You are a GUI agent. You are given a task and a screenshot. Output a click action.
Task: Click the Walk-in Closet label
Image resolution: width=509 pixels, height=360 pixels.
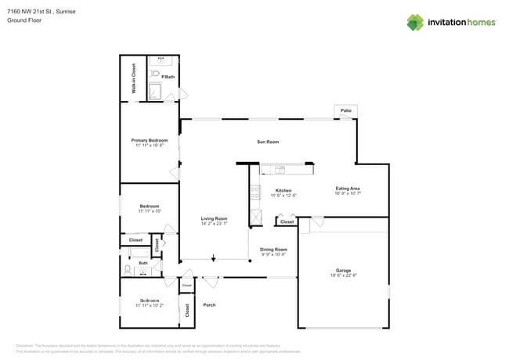(133, 78)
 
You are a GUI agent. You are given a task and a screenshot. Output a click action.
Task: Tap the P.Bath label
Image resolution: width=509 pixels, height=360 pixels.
(168, 77)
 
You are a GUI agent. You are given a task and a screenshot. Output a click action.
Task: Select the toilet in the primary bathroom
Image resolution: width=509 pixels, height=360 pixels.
(154, 74)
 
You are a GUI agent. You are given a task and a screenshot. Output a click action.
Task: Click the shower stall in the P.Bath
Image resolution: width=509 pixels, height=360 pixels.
(155, 92)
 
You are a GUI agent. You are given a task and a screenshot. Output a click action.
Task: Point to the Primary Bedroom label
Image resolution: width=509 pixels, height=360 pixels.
(149, 140)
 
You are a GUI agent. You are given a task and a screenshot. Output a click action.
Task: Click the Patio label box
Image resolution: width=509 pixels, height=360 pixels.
(345, 111)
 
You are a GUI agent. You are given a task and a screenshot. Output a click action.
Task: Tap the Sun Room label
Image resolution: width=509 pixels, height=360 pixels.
(268, 142)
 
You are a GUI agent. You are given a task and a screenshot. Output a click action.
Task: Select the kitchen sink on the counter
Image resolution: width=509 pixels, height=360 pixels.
(279, 168)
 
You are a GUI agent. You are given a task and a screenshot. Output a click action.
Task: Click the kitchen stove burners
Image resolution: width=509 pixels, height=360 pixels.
(254, 189)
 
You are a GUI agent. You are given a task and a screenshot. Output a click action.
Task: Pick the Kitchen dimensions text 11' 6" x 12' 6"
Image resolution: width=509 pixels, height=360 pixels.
(283, 196)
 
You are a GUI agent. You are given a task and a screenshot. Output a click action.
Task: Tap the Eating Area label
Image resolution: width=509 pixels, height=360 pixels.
(348, 189)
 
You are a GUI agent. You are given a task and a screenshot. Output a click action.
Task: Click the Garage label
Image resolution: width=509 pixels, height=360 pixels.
(343, 270)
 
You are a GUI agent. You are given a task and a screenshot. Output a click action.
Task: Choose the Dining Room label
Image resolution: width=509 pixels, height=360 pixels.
(273, 249)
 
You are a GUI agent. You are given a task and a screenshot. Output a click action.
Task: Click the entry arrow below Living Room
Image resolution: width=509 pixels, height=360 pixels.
(213, 257)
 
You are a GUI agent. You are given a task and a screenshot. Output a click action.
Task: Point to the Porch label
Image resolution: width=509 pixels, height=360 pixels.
(209, 304)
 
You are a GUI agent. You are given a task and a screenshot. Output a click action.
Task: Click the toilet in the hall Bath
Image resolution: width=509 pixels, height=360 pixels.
(128, 270)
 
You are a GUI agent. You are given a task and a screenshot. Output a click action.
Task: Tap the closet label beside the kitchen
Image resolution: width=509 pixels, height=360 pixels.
(287, 222)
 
